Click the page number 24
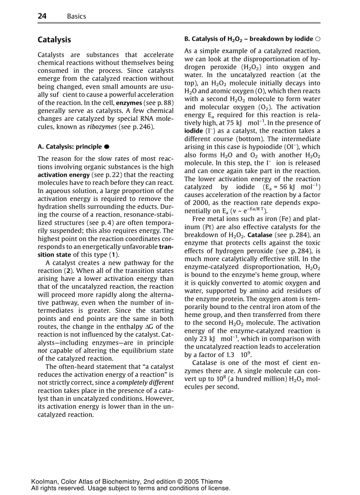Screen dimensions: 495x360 (x=42, y=16)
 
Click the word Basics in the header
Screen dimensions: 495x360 (x=76, y=16)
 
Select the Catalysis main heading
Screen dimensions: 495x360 (x=54, y=40)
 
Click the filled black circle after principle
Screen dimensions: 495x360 (x=107, y=146)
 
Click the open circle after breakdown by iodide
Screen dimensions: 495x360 (x=318, y=39)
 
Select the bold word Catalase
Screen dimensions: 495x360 (x=262, y=235)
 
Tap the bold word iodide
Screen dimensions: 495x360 (x=193, y=131)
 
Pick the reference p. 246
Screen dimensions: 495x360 (x=143, y=127)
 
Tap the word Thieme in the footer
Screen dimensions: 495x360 (x=212, y=482)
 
